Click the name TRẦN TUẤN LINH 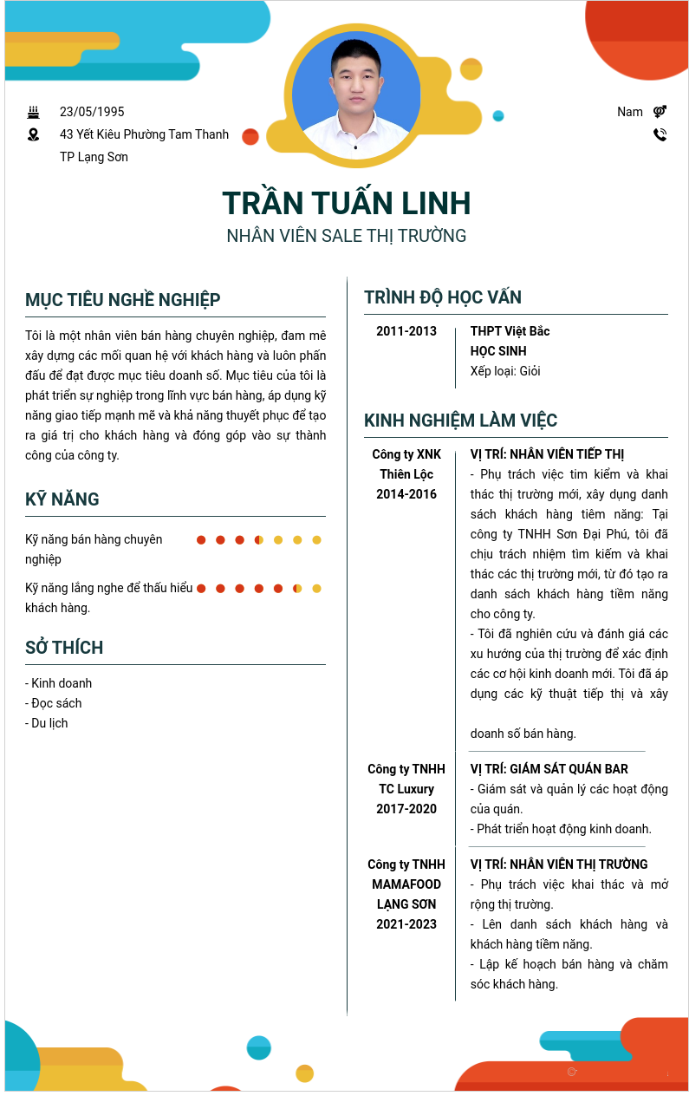[x=346, y=203]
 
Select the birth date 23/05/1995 [x=92, y=112]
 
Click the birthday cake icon [x=34, y=112]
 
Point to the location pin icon [x=34, y=134]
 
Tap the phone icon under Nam [x=660, y=134]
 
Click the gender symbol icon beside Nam [x=660, y=112]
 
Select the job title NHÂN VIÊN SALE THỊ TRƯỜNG [x=346, y=236]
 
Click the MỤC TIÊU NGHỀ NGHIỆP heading [x=123, y=300]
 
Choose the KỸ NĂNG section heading [x=62, y=499]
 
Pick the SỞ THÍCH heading [x=64, y=648]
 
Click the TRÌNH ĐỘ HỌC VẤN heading [x=443, y=297]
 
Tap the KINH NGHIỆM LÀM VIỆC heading [x=460, y=421]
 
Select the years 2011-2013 [x=406, y=331]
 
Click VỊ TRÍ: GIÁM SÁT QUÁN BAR [x=549, y=769]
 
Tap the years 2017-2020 [x=406, y=809]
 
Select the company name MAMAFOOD [x=406, y=884]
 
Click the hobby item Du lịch [x=49, y=723]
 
